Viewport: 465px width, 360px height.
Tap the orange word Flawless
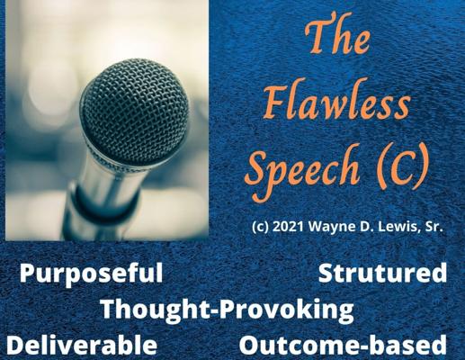[336, 103]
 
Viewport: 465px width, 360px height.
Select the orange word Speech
[304, 171]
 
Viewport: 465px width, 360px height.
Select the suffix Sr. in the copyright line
[434, 227]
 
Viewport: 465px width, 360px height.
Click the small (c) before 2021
[261, 228]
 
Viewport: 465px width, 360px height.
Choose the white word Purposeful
[92, 274]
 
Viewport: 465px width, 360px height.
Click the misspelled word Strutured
[382, 273]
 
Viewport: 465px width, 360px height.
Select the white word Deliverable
[82, 345]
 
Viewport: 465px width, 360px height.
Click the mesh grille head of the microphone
[135, 111]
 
